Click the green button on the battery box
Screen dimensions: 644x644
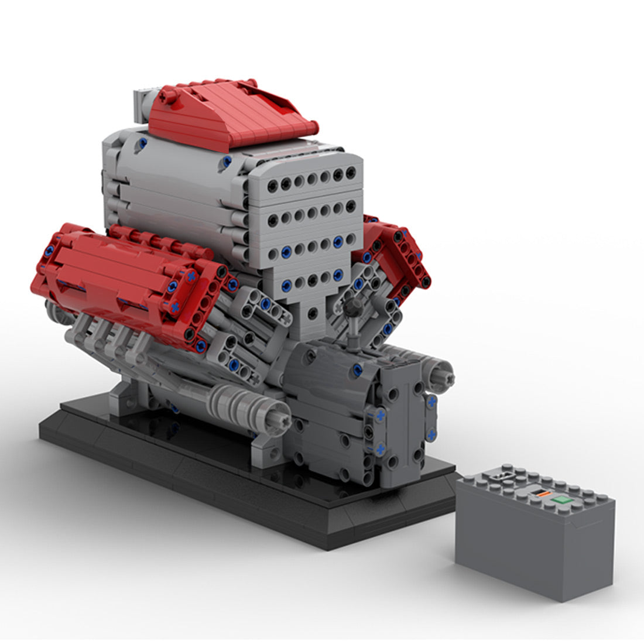(x=562, y=500)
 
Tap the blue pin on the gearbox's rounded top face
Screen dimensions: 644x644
(x=357, y=369)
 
